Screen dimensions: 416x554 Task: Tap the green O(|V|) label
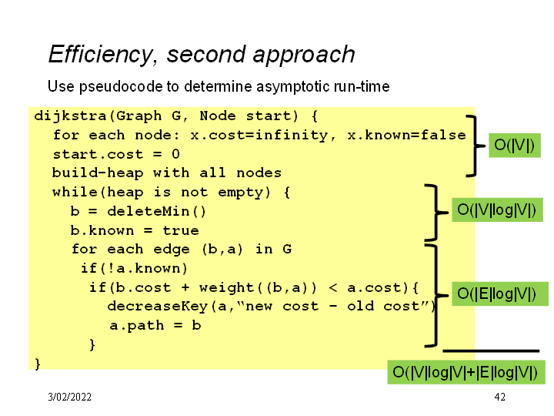point(514,144)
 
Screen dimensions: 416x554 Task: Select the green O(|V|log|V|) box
point(496,210)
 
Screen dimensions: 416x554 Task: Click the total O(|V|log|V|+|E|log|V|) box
point(465,372)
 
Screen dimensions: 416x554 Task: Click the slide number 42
point(500,397)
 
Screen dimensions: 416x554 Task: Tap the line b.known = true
point(135,230)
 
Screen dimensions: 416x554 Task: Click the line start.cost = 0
point(115,154)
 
